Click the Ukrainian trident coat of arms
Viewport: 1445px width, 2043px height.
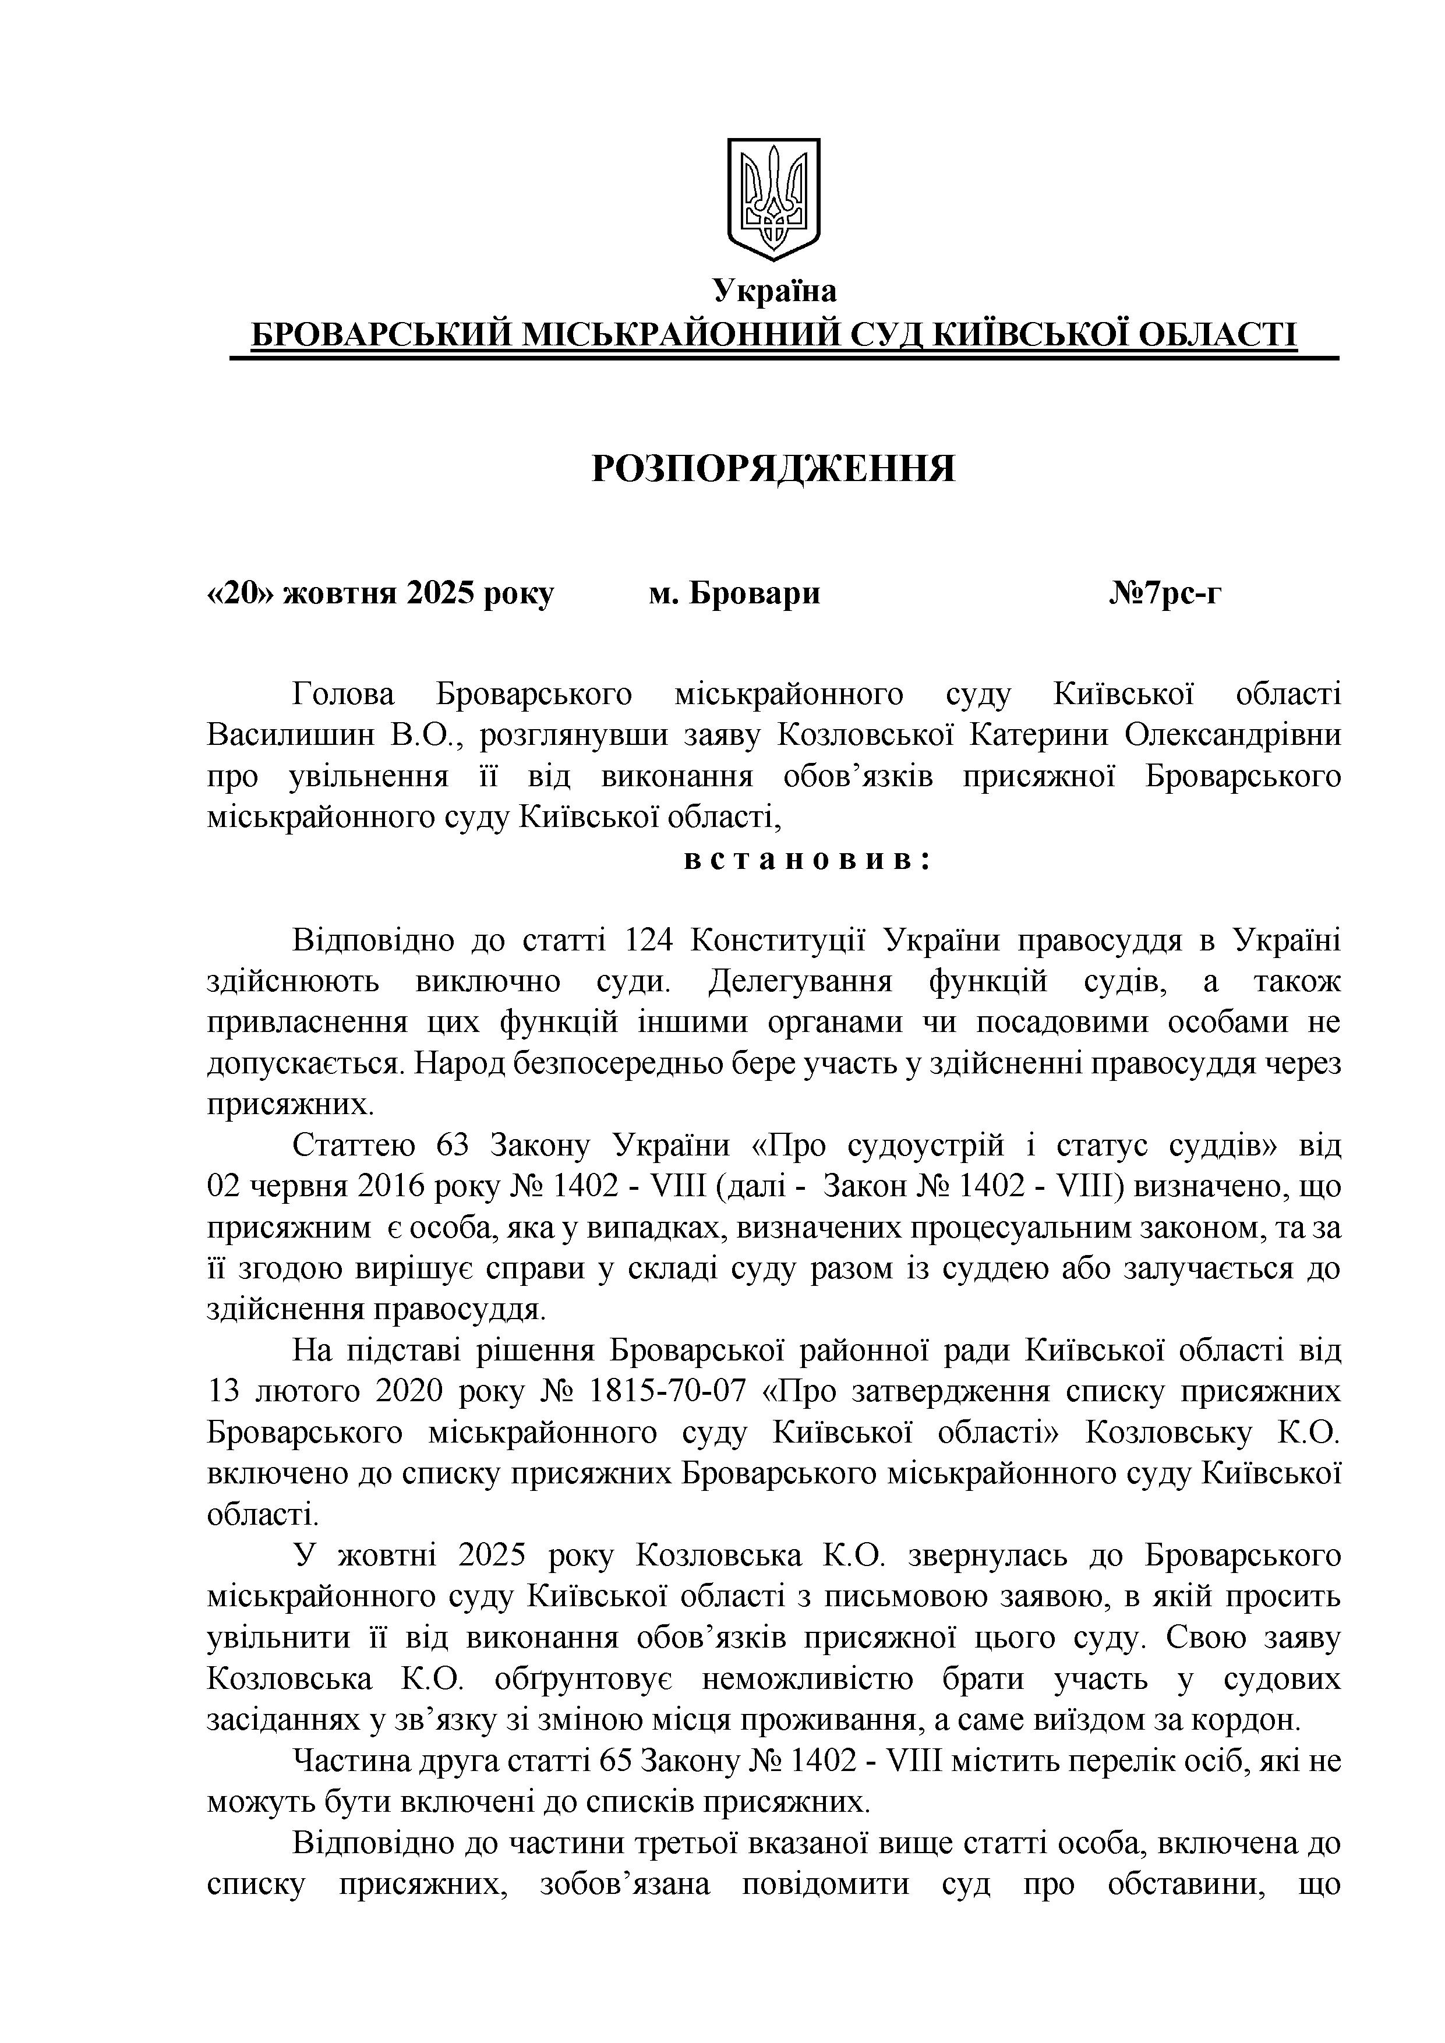tap(773, 199)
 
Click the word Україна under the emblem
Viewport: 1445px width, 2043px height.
tap(773, 291)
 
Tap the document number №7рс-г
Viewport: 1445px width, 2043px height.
tap(1165, 593)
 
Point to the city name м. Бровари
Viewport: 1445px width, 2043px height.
tap(734, 593)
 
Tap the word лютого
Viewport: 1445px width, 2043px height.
tap(306, 1391)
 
